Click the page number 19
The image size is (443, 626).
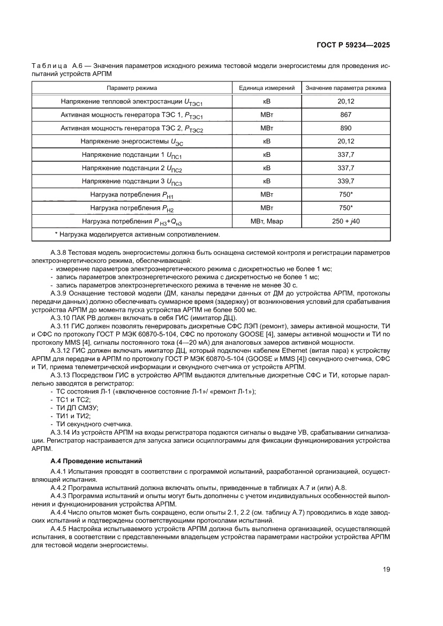click(386, 570)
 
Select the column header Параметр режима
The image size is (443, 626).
click(132, 88)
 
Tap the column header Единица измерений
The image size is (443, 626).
click(267, 88)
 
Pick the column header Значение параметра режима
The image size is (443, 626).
click(346, 88)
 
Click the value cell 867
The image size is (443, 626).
click(346, 115)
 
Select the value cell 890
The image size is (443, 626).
click(346, 128)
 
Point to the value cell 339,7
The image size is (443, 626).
click(346, 181)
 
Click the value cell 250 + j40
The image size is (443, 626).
click(346, 221)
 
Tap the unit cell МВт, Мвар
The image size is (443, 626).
click(267, 221)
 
